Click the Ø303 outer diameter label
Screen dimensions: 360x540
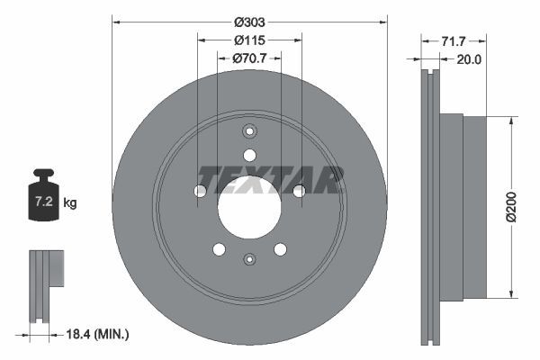(x=249, y=21)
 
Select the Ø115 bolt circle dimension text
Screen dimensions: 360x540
(x=249, y=40)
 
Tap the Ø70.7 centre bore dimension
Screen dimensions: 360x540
(x=249, y=59)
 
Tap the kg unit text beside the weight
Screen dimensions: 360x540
(x=70, y=203)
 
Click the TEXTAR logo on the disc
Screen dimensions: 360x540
(x=270, y=179)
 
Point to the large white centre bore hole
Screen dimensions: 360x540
(x=249, y=207)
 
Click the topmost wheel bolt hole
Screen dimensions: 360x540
(x=249, y=154)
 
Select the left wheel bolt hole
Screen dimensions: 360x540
(x=200, y=191)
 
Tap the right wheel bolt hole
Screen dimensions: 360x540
(x=299, y=191)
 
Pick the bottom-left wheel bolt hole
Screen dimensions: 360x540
(x=219, y=249)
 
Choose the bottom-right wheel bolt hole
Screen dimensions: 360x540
(x=280, y=249)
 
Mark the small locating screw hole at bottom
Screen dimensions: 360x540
(x=249, y=260)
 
